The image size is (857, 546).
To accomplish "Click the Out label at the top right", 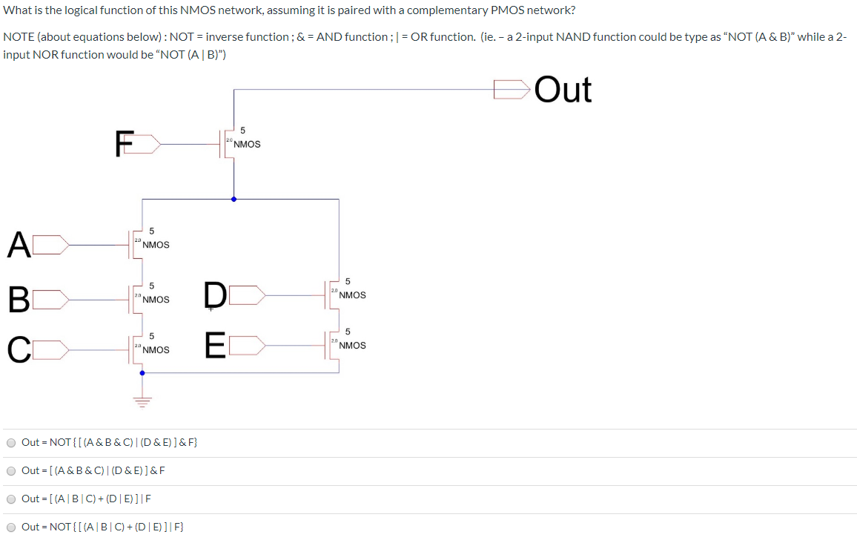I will pos(563,90).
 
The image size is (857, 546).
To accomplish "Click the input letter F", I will pos(125,143).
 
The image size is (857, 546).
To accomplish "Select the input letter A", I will pos(19,245).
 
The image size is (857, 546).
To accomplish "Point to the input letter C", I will pos(19,349).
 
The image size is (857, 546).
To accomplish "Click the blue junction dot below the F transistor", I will pos(234,199).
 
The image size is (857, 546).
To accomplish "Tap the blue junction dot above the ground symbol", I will pos(142,373).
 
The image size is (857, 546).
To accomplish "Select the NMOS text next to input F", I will pos(247,144).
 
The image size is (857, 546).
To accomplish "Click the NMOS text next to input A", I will pos(156,245).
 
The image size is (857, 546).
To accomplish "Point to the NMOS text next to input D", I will pos(352,295).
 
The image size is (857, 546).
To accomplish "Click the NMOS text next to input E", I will pos(352,346).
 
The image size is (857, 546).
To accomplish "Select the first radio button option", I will pos(11,443).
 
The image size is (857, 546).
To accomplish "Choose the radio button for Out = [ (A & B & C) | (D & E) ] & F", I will pos(11,471).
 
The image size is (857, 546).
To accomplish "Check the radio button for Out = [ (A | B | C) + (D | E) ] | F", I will pos(11,499).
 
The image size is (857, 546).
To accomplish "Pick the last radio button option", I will pos(11,527).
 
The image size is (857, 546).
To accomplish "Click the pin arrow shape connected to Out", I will pos(512,90).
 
